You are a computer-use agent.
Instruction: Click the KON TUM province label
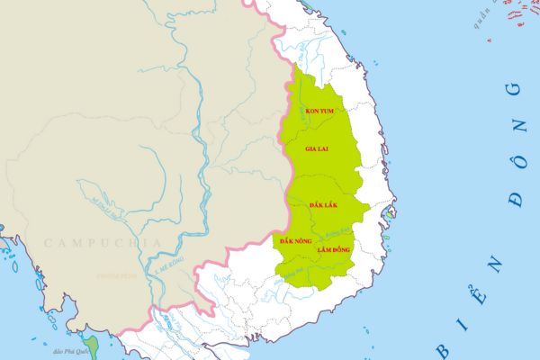coord(320,111)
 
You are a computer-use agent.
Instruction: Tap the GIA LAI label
coord(316,148)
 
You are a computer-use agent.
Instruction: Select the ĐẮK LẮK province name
coord(322,207)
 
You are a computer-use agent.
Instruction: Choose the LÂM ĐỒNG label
coord(333,248)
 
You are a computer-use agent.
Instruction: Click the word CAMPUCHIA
coord(103,243)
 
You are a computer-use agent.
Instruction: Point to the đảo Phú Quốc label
coord(70,352)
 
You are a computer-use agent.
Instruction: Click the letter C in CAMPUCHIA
coord(48,243)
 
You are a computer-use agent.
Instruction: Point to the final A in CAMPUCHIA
coord(157,243)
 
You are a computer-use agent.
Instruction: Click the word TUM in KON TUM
coord(328,111)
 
